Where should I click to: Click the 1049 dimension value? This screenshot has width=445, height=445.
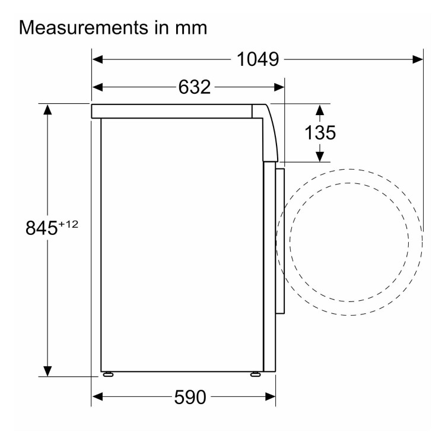258,59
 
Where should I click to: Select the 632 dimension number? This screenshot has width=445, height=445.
195,87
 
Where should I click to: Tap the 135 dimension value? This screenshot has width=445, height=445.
320,132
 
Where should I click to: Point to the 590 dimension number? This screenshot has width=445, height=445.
190,397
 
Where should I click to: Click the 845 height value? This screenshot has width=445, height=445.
42,228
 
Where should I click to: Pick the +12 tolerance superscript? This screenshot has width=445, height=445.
68,224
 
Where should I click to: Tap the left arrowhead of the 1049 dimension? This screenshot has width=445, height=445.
97,59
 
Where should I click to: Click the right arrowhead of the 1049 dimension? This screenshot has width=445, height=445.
418,59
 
